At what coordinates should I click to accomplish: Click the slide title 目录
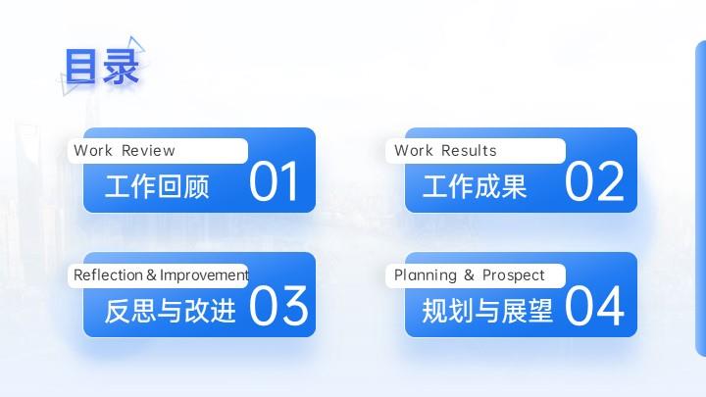coord(102,67)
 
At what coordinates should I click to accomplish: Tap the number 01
coord(274,182)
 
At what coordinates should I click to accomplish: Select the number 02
coord(594,182)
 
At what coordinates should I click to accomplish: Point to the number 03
coord(278,306)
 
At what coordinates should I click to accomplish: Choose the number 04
coord(594,306)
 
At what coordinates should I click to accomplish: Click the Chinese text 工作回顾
coord(157,186)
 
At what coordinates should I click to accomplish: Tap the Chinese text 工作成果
coord(475,186)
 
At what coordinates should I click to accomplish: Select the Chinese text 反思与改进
coord(171,311)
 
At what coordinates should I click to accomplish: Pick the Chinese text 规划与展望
coord(487,311)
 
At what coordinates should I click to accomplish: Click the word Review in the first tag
coord(148,150)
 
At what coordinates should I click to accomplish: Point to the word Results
coord(469,150)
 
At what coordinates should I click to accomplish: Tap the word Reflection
coord(108,274)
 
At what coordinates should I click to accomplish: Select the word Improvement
coord(204,274)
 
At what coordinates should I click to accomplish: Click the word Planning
coord(426,275)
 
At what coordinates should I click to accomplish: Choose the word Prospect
coord(513,275)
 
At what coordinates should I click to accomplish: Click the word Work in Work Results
coord(414,150)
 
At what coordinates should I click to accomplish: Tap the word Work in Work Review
coord(93,150)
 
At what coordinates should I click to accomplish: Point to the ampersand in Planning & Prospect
coord(469,274)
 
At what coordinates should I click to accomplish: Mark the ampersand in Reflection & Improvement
coord(151,274)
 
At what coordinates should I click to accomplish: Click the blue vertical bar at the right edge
coord(700,198)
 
